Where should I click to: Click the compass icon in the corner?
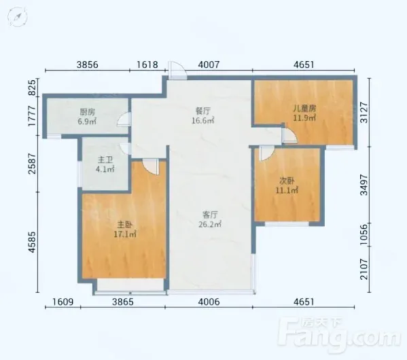pos(18,17)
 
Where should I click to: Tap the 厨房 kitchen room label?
pos(87,112)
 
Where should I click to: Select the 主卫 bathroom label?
pos(105,160)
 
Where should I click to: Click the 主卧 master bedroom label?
pos(125,224)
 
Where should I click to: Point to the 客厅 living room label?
pos(210,215)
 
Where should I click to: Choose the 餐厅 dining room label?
pos(203,111)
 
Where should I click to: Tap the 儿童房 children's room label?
pos(304,108)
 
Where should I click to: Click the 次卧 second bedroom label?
pos(287,181)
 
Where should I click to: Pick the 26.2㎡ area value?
pos(210,224)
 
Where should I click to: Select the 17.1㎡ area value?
pos(125,234)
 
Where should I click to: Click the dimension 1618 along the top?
pos(147,65)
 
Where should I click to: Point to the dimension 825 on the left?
pos(32,88)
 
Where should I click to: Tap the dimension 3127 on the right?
pos(364,112)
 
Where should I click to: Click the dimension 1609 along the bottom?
pos(63,302)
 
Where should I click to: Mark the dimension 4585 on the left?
pos(32,242)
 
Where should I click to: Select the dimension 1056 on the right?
pos(364,234)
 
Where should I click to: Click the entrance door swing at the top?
pos(177,70)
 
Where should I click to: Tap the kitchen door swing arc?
pos(123,119)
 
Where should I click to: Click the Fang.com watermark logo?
pos(338,334)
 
